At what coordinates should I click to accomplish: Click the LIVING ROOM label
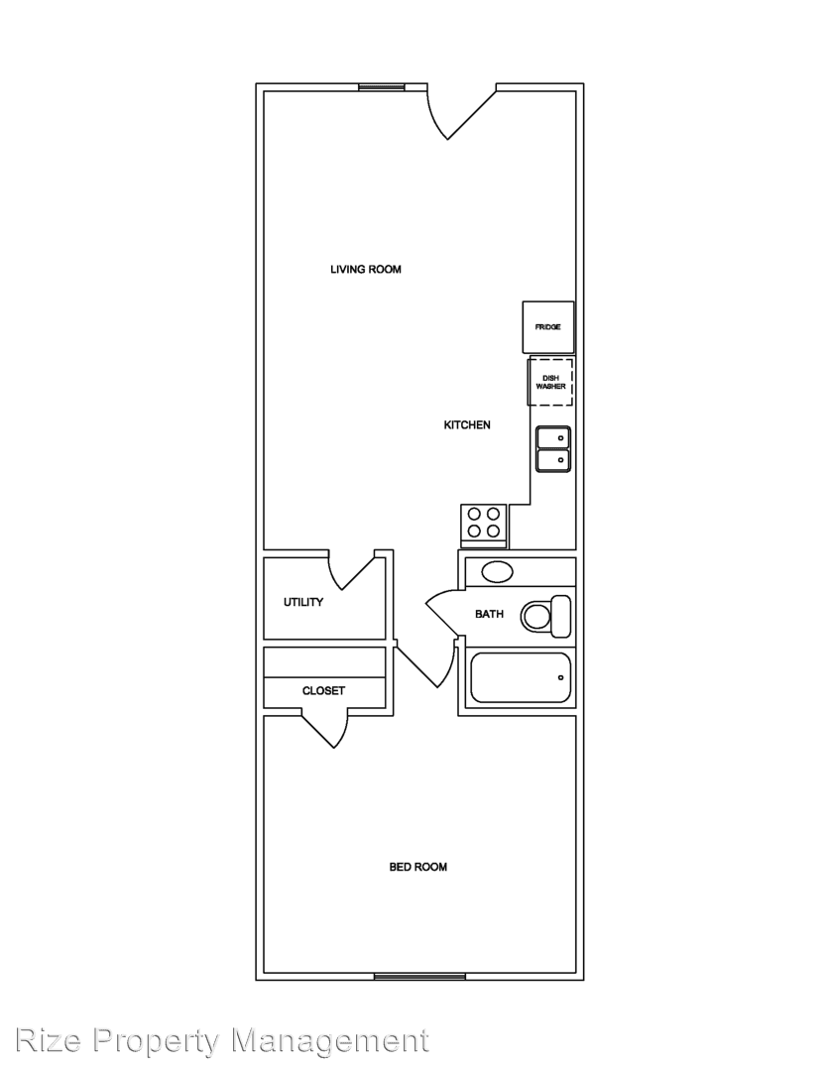click(366, 269)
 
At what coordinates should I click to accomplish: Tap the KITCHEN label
click(467, 424)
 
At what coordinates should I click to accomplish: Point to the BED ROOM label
click(418, 867)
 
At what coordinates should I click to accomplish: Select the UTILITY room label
click(303, 602)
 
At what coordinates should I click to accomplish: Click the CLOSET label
click(323, 690)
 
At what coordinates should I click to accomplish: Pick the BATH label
click(489, 614)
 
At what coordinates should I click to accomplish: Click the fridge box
click(548, 327)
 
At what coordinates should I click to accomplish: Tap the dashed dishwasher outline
click(550, 382)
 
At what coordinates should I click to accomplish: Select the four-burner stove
click(484, 525)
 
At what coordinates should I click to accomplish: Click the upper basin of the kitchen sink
click(552, 437)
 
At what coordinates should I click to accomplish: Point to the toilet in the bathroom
click(546, 616)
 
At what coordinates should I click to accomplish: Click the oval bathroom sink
click(497, 572)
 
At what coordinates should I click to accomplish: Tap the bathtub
click(521, 677)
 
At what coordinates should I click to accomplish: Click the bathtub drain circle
click(561, 677)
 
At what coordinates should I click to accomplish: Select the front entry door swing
click(458, 113)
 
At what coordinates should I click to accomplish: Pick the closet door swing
click(325, 729)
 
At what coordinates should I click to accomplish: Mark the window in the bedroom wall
click(419, 977)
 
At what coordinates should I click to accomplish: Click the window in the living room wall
click(382, 86)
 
